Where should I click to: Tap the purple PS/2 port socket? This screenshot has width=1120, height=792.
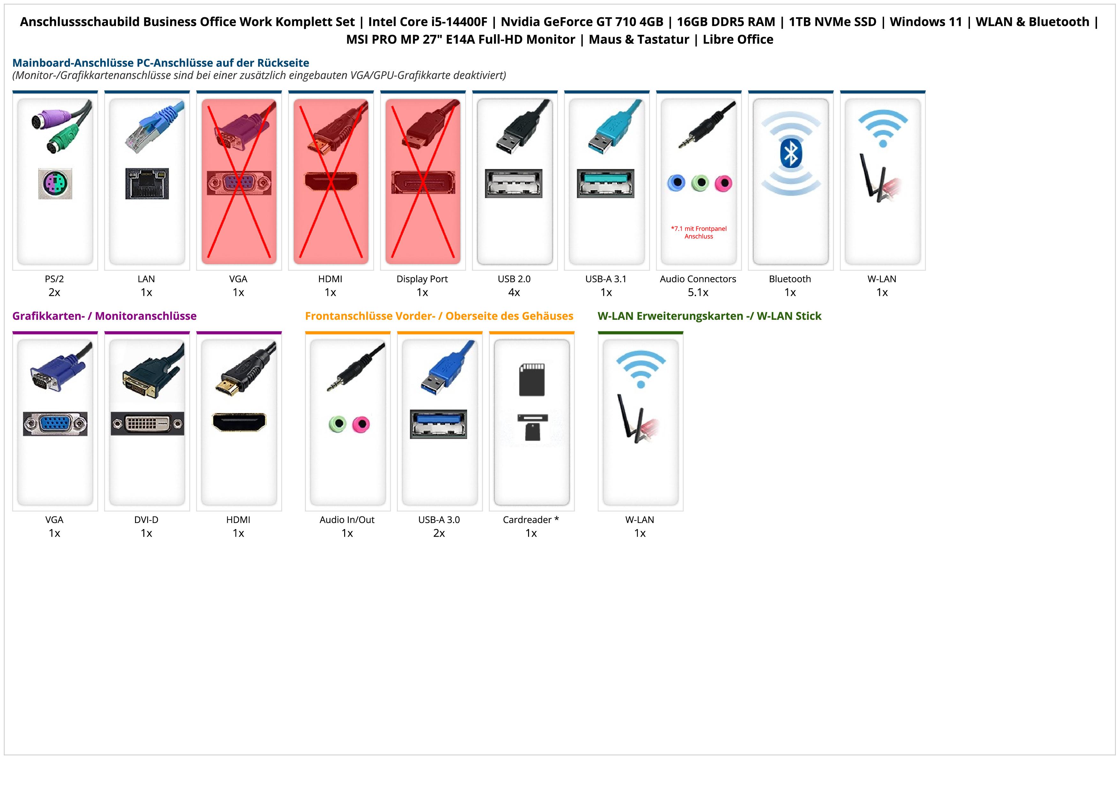[55, 183]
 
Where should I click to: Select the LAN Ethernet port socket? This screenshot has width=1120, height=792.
[147, 183]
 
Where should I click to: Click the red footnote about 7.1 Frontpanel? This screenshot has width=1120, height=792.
[699, 232]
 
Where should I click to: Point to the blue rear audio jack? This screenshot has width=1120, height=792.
[676, 183]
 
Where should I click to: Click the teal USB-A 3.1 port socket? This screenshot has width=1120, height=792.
[605, 183]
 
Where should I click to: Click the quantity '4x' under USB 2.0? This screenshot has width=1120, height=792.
[514, 292]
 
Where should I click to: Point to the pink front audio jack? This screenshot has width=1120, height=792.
[361, 424]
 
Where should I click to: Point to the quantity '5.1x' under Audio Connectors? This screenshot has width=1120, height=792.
[698, 292]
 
